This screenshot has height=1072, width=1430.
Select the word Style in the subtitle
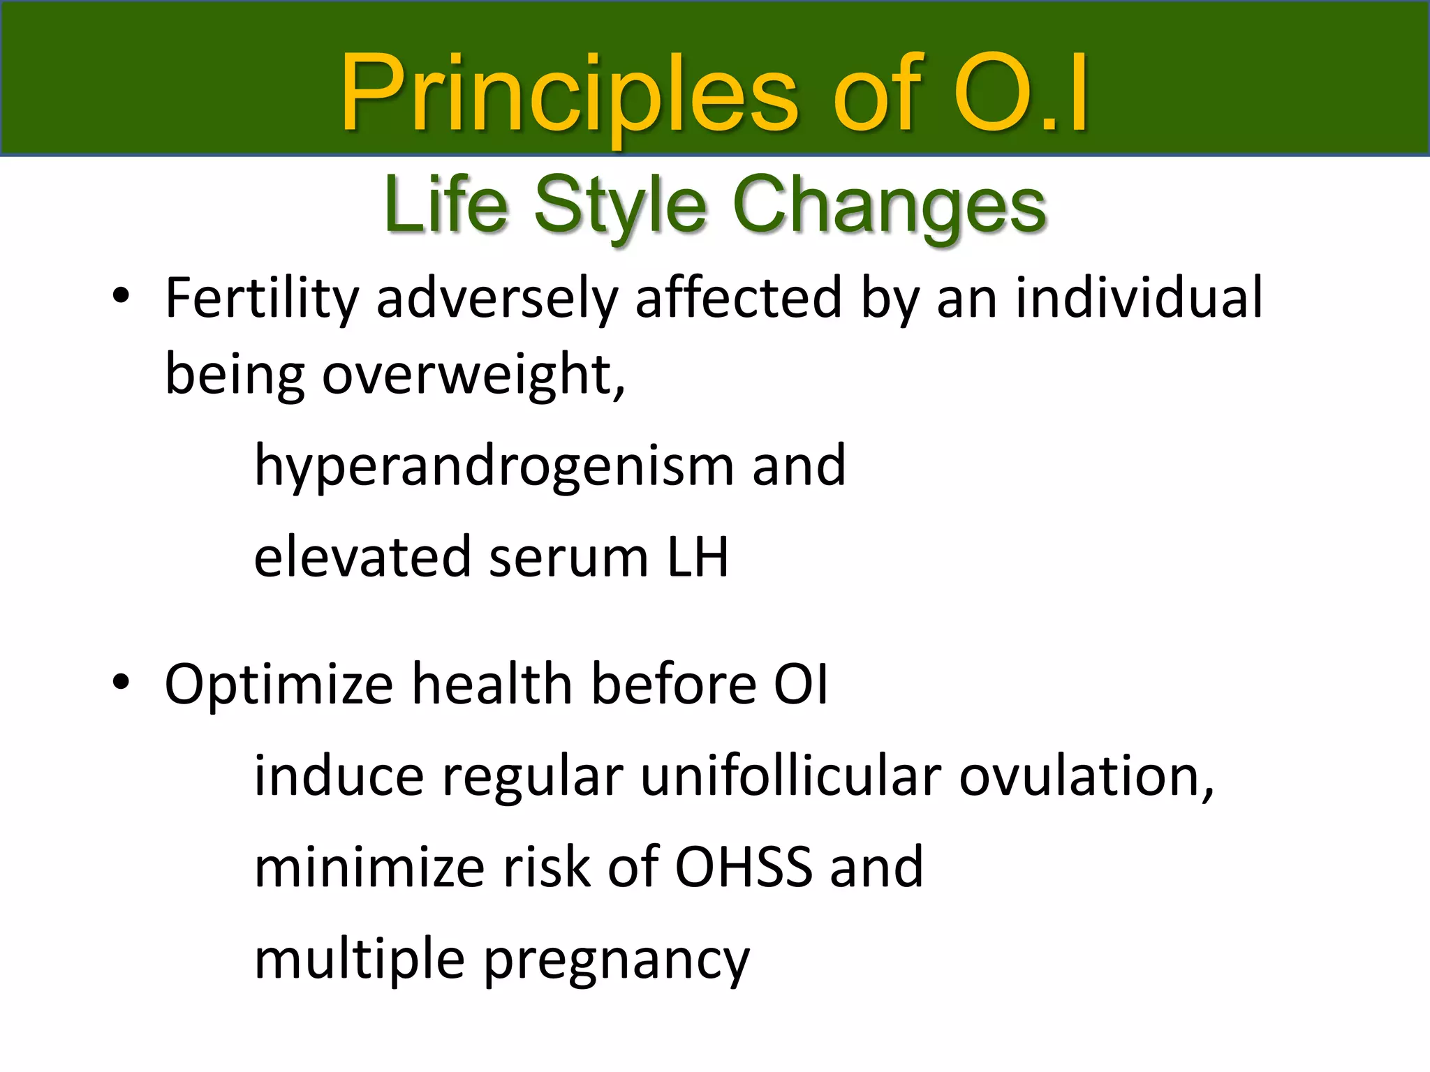[621, 206]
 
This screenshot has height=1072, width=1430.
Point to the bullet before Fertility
[121, 296]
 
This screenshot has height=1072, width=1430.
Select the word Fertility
[261, 299]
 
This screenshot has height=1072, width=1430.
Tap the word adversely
[497, 299]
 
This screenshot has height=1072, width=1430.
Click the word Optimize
[279, 685]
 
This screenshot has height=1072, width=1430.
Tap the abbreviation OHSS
[744, 868]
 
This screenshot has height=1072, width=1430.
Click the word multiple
[359, 960]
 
